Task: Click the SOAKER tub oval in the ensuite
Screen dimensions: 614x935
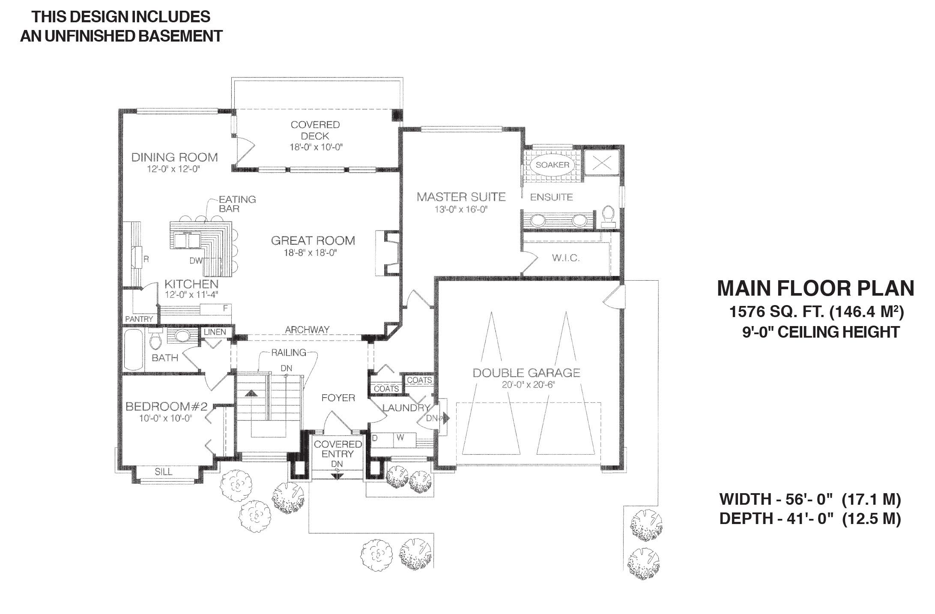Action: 553,165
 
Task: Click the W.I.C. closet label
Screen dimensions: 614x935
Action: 566,258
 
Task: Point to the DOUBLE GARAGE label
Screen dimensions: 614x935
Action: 526,373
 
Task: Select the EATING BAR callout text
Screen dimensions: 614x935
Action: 237,204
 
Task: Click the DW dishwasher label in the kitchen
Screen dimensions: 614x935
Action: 195,261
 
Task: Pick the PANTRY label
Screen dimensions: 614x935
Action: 139,319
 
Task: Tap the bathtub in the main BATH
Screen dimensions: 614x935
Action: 134,350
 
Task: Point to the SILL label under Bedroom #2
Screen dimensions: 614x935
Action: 163,472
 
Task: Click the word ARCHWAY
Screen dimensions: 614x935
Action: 307,329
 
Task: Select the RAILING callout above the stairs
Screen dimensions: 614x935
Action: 289,352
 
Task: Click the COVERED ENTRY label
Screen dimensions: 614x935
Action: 338,449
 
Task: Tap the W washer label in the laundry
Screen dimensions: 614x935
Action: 400,437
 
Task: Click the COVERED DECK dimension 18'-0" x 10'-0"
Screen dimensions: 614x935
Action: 315,147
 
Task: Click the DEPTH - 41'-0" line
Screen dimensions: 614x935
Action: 810,518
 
